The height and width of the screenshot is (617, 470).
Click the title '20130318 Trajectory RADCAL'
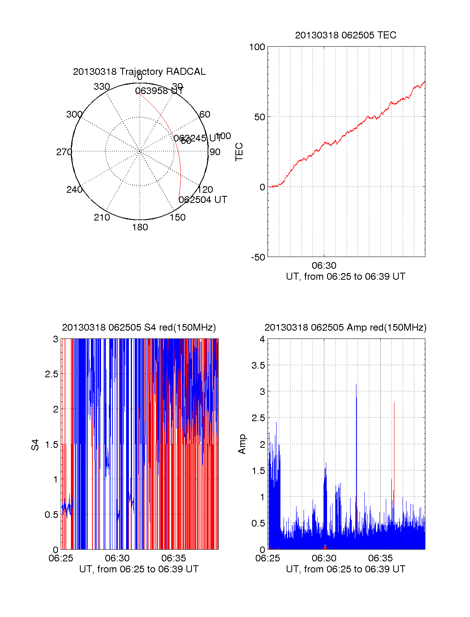tap(139, 72)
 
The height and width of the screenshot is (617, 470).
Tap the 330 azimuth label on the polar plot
tap(102, 87)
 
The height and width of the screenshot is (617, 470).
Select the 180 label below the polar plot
tap(140, 227)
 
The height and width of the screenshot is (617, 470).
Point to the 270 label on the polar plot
tap(64, 152)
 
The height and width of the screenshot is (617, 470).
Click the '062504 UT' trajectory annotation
tap(203, 200)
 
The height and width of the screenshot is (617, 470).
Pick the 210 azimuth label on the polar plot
tap(102, 217)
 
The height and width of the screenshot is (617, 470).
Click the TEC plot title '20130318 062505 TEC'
tap(345, 35)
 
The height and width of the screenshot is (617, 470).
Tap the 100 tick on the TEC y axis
tap(257, 47)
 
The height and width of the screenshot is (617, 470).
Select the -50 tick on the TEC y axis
tap(258, 257)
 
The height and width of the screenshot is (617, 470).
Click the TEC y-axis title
tap(239, 152)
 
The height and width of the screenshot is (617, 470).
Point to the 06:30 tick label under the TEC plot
tap(324, 266)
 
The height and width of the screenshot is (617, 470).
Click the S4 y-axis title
tap(35, 445)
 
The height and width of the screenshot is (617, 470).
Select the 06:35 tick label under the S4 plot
tap(174, 558)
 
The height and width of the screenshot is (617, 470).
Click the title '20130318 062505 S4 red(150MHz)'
tap(139, 327)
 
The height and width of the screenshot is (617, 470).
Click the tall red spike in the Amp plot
tap(394, 431)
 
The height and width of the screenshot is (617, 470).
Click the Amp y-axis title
tap(242, 444)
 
